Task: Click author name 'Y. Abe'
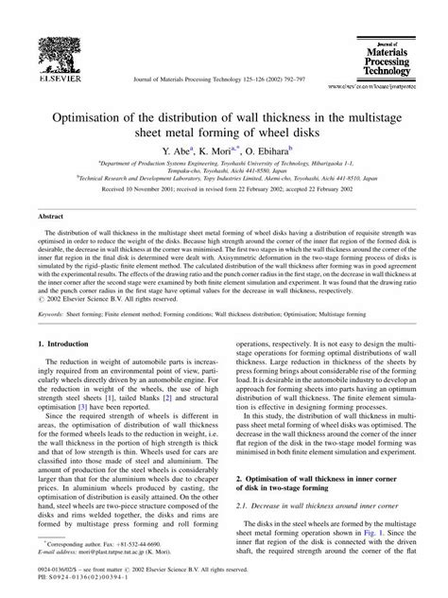point(176,150)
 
